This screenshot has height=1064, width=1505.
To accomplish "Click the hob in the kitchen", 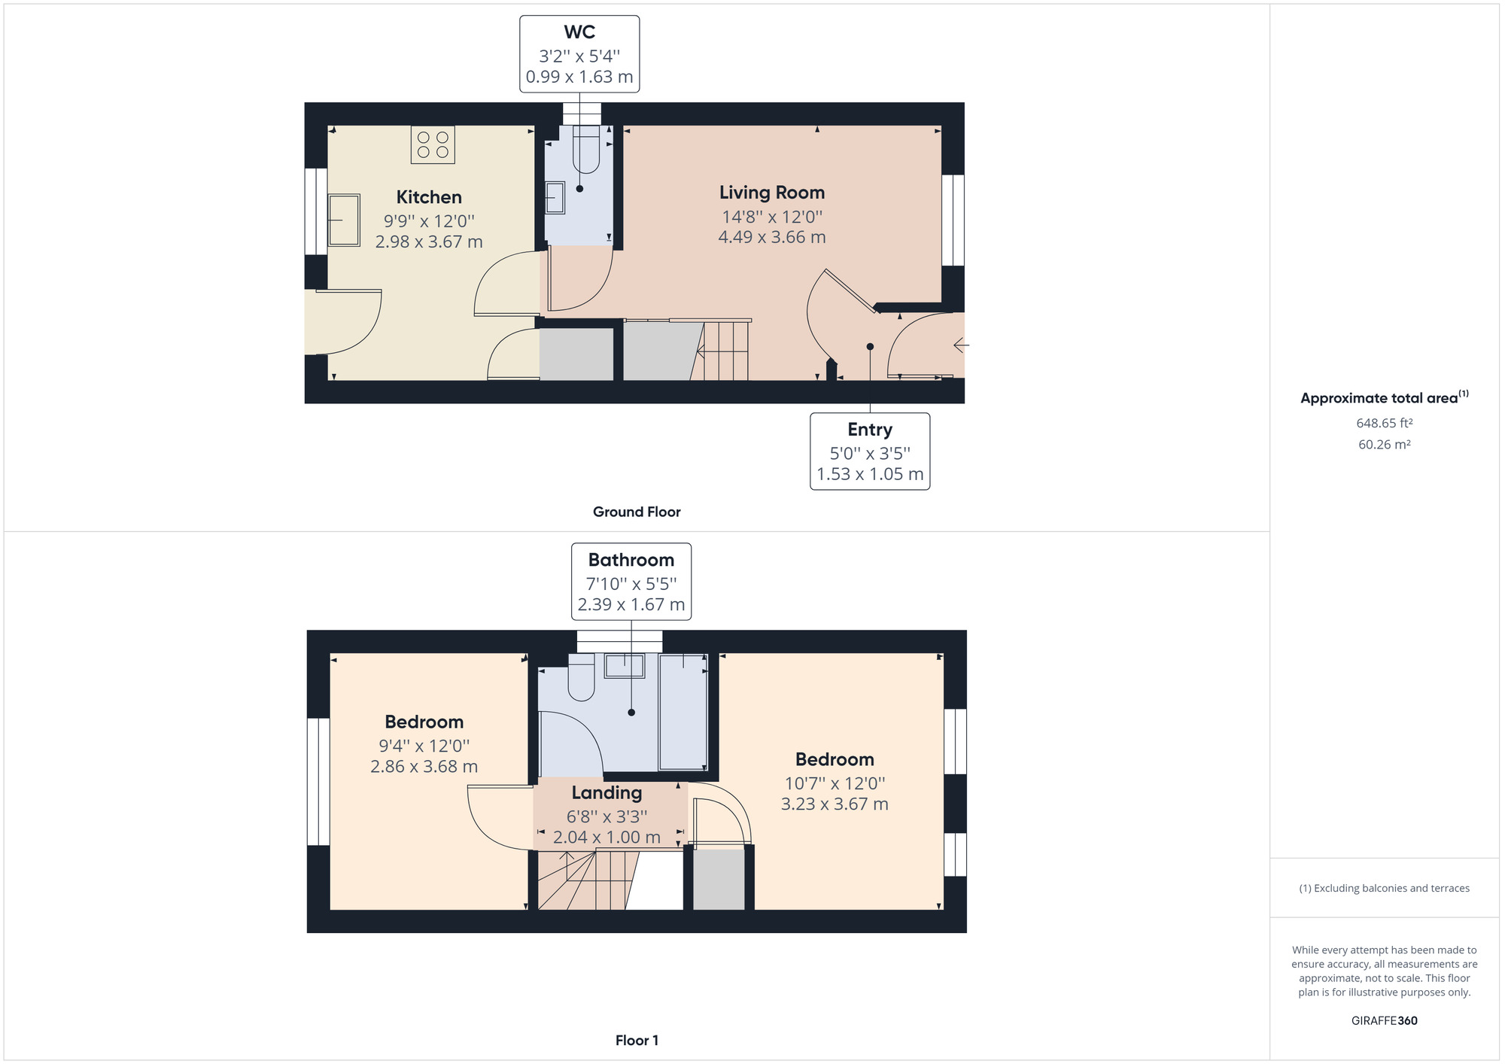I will (x=433, y=144).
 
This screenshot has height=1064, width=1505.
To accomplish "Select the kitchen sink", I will (x=344, y=220).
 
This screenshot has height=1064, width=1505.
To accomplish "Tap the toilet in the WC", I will (x=586, y=149).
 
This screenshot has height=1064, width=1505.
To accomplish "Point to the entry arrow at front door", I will (x=961, y=345).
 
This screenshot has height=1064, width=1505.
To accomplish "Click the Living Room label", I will (x=771, y=193).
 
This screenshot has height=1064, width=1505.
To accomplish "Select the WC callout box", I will (x=579, y=54).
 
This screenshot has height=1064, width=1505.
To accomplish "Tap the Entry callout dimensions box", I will (x=870, y=451).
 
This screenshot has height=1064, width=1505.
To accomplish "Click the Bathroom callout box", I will (x=631, y=582).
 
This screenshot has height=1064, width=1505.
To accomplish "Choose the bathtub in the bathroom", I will (x=683, y=712).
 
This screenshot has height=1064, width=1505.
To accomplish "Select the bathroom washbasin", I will (x=625, y=666).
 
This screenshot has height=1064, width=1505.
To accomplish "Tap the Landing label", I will (x=607, y=792).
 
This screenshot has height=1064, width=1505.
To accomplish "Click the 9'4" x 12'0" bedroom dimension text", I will (x=424, y=746).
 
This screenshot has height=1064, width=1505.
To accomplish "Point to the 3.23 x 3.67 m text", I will (x=835, y=804).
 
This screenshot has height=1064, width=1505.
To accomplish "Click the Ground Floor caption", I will (x=637, y=512).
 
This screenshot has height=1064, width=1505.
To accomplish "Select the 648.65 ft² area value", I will (x=1384, y=423).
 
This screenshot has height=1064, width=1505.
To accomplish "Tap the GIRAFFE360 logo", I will (x=1384, y=1020).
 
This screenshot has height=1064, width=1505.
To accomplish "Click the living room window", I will (x=953, y=220).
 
